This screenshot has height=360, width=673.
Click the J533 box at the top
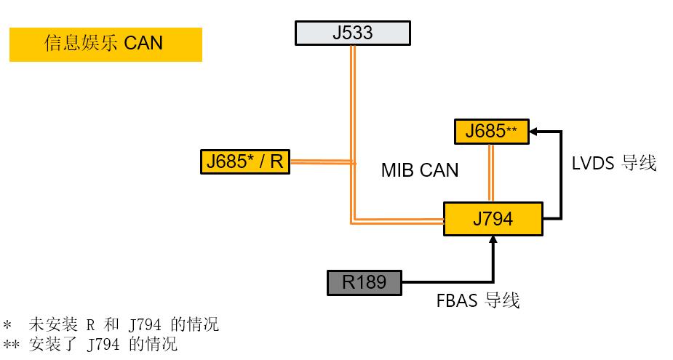tap(352, 33)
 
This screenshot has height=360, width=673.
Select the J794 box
tap(493, 218)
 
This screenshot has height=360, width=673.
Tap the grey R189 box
tap(364, 282)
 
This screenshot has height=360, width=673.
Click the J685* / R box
tap(244, 161)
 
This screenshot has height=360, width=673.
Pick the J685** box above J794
tap(491, 132)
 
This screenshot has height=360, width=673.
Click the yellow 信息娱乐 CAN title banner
tap(105, 44)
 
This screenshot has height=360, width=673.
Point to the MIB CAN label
tap(420, 171)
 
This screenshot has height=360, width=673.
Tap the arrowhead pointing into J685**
tap(534, 132)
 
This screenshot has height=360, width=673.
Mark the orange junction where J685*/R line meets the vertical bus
tap(352, 161)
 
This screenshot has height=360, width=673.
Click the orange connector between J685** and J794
tap(491, 172)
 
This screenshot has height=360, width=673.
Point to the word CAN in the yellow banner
tap(143, 44)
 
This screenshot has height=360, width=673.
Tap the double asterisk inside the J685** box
tap(511, 129)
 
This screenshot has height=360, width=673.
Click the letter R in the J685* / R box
tap(276, 161)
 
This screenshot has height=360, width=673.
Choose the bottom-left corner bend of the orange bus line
tap(352, 222)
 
